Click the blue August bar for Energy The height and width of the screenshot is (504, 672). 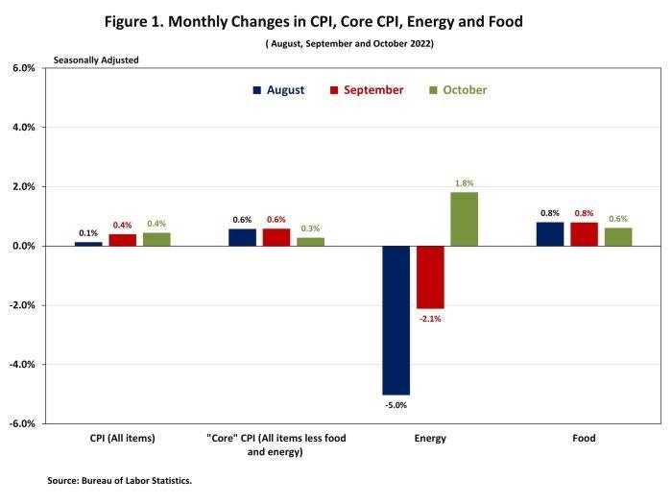pos(396,320)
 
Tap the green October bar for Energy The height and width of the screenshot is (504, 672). pos(464,219)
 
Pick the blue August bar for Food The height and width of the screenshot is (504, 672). pos(550,233)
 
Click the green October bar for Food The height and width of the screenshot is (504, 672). pos(618,236)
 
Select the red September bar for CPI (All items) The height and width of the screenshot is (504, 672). pos(122,240)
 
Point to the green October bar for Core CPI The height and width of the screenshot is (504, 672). pos(310,241)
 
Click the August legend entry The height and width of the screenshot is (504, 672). pos(278,90)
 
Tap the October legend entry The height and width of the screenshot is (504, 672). pos(458,90)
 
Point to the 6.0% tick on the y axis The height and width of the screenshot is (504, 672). pos(23,68)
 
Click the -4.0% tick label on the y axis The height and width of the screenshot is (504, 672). pos(22,365)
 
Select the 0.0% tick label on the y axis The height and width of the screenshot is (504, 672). pos(23,246)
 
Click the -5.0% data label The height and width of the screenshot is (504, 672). pos(396,405)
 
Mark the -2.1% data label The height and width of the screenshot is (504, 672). pos(430,318)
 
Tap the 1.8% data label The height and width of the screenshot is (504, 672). pos(465,182)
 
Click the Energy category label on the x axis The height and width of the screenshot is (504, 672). pos(430,439)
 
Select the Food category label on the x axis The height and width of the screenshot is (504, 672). pos(584,439)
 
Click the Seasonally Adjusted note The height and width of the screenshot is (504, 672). pos(96,60)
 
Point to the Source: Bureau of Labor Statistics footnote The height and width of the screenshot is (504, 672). pos(120,480)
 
